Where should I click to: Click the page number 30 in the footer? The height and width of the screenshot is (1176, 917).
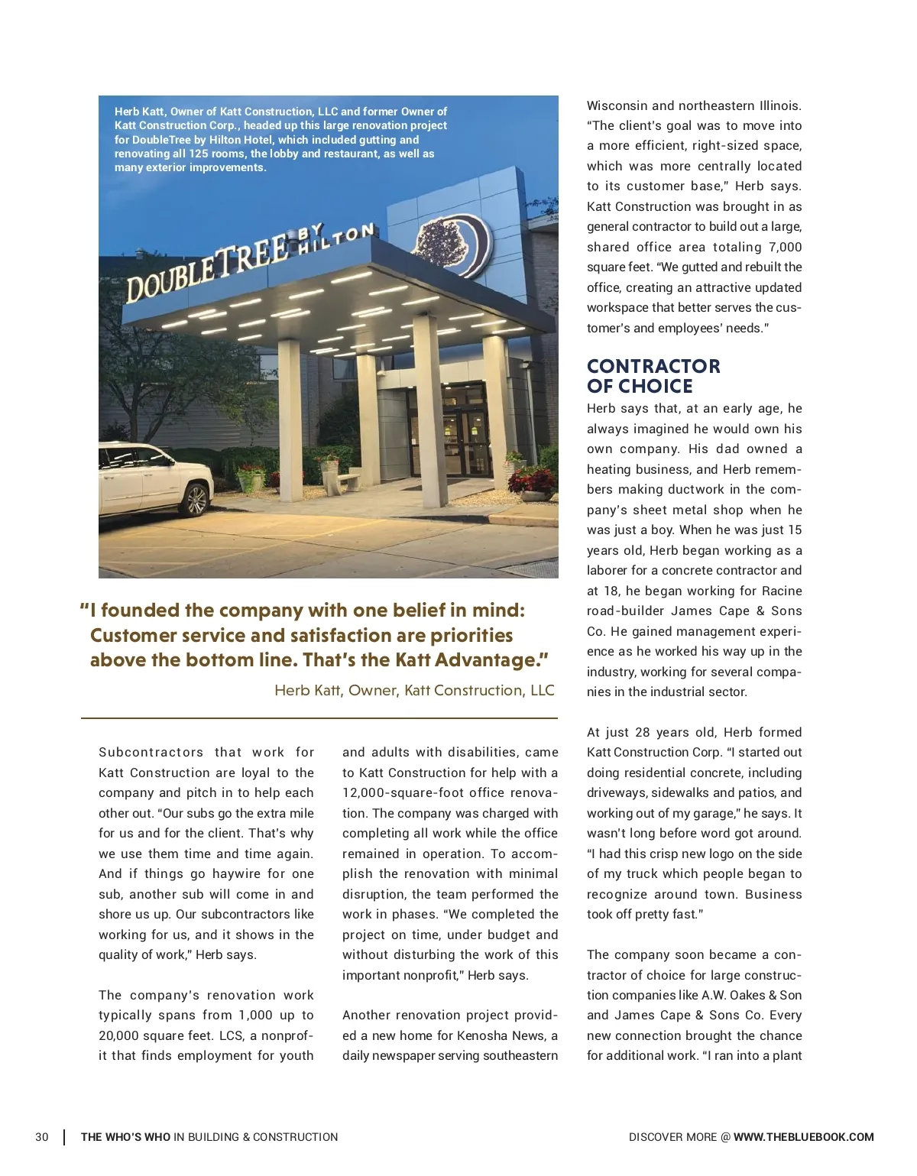[x=42, y=1137]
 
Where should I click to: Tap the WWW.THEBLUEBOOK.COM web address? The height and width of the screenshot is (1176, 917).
[x=803, y=1137]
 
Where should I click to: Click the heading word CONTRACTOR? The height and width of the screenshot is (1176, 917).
[x=653, y=367]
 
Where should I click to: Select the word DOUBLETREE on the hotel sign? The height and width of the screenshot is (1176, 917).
[x=206, y=268]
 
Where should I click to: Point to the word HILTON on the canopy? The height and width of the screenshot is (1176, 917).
[x=336, y=238]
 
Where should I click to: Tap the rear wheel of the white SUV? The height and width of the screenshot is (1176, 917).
[x=196, y=500]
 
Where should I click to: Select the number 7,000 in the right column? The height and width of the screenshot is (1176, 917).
[x=785, y=247]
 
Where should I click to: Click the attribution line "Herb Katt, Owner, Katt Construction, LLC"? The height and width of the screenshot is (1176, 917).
[x=414, y=691]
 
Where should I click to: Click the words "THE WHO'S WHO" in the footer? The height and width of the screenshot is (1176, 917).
[x=125, y=1137]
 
